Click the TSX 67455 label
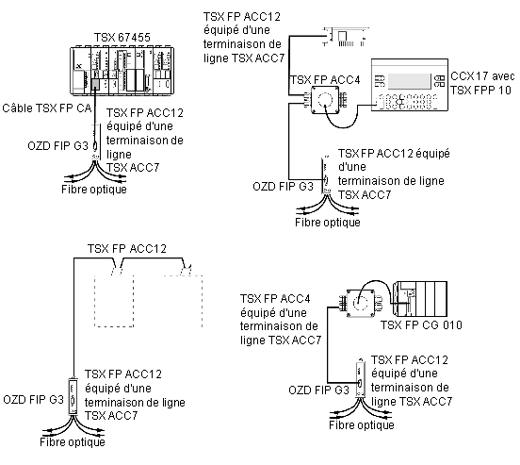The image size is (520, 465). coord(122,37)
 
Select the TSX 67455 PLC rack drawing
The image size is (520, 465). coord(122,71)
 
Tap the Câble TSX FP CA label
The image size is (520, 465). coord(47,108)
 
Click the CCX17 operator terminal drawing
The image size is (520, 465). coord(410,85)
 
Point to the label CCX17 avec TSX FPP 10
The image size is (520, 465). coord(482,83)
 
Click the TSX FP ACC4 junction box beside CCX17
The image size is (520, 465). coord(325,100)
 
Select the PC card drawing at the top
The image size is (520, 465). coord(346,37)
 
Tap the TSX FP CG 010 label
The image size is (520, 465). coord(421,324)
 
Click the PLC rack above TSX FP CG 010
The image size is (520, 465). coord(420,299)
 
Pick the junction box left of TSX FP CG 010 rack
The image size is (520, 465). coord(361,303)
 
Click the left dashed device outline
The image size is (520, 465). coord(114,301)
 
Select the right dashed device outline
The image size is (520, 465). coord(183,301)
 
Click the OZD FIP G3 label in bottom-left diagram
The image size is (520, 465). coord(33,399)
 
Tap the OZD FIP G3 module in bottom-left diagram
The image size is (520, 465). coord(73,396)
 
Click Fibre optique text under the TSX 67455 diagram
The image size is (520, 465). coord(94,190)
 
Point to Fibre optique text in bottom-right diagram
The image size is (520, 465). coord(362,424)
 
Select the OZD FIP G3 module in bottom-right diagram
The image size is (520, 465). coord(360,378)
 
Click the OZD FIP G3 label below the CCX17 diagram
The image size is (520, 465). coord(283,187)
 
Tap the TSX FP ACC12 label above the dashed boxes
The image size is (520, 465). coord(126,249)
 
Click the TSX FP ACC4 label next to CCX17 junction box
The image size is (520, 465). coord(325,80)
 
